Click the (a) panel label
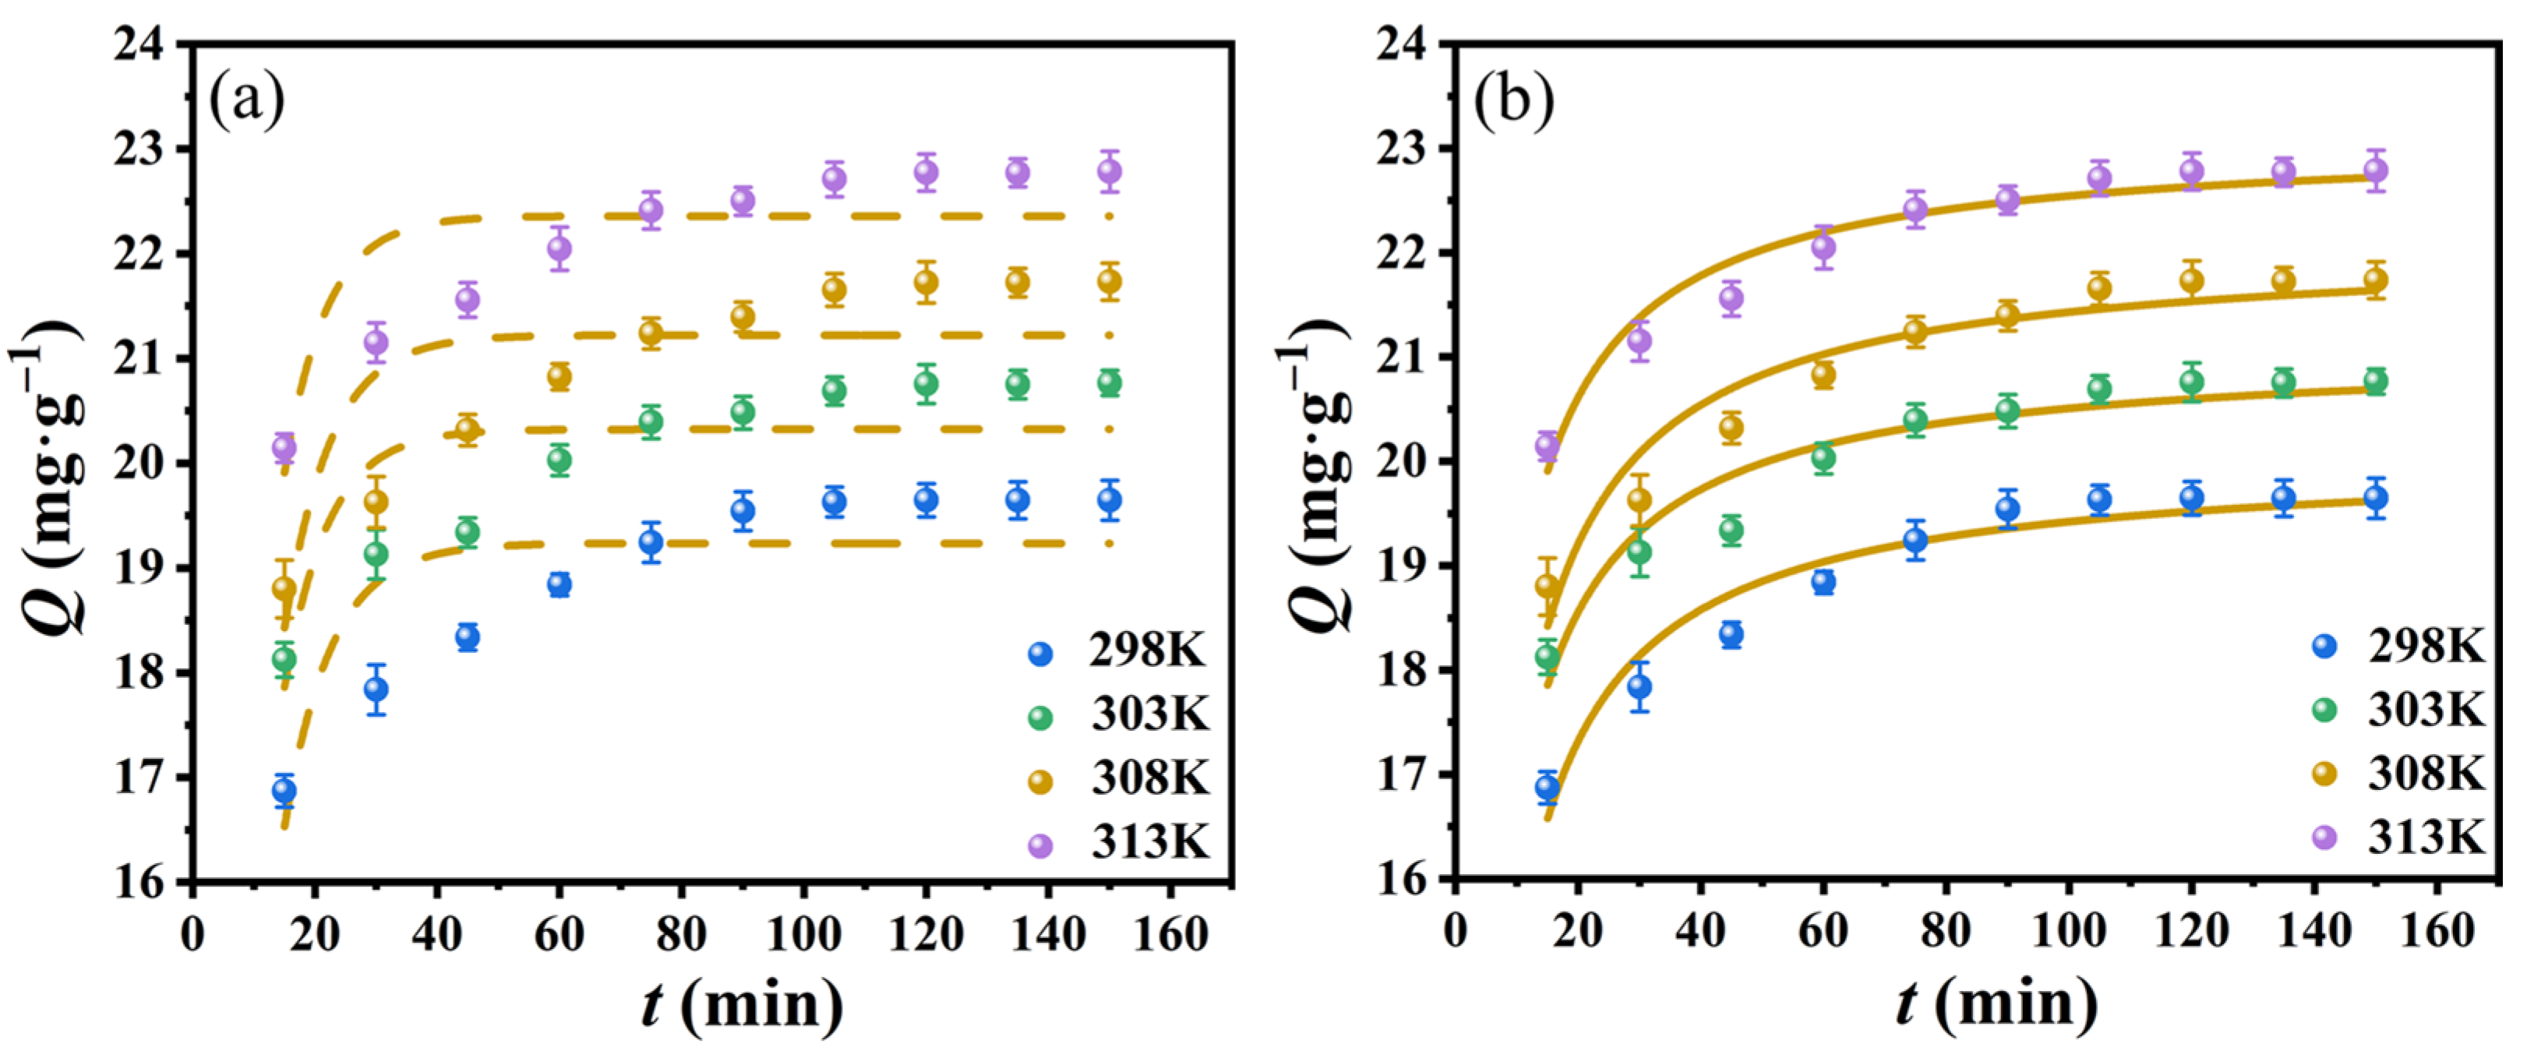[x=246, y=99]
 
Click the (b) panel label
[x=1514, y=99]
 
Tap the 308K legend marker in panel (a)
[x=1039, y=781]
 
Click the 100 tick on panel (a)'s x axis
[x=803, y=934]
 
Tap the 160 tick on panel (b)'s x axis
[x=2437, y=930]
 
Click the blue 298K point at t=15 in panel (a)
[x=284, y=790]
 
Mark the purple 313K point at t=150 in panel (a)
[x=1110, y=171]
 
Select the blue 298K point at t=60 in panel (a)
[x=559, y=584]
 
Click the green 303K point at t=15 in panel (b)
[x=1547, y=656]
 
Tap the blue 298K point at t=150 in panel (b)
[x=2375, y=498]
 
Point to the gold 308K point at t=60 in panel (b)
[x=1823, y=374]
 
